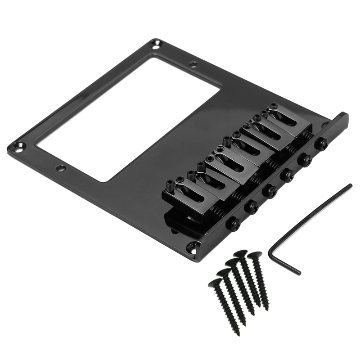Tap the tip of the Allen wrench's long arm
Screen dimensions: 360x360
pos(350,185)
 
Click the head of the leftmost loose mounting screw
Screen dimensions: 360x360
pos(214,283)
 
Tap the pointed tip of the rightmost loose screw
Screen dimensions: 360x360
pos(266,308)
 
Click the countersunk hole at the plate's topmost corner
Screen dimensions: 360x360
pos(156,44)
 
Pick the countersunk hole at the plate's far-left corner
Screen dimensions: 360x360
pos(18,146)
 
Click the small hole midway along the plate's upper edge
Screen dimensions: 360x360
pos(193,64)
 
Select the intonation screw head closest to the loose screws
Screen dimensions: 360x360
pos(233,224)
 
